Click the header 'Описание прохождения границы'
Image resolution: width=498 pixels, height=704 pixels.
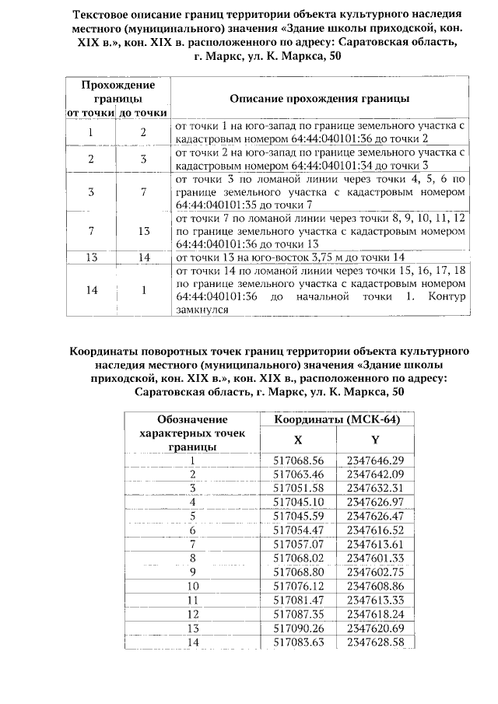click(x=320, y=99)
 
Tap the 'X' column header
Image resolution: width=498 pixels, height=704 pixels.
click(x=299, y=440)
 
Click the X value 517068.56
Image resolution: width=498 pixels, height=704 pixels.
click(x=298, y=461)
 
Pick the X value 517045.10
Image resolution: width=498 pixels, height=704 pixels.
click(x=298, y=501)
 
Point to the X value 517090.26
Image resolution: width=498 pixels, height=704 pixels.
click(x=298, y=627)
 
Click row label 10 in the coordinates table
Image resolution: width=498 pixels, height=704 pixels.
click(x=192, y=585)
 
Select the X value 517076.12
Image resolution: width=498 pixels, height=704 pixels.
click(x=298, y=585)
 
